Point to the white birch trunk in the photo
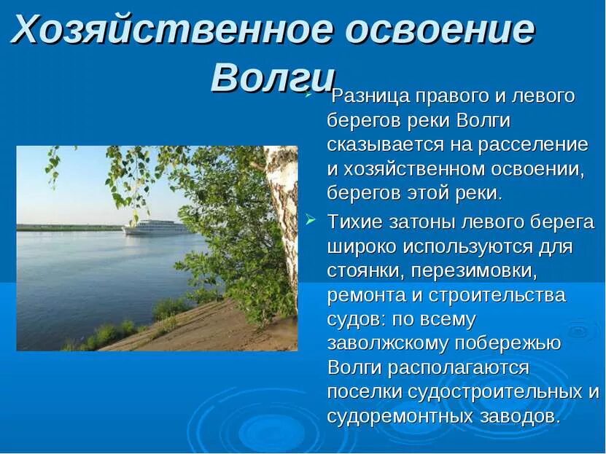point(286,211)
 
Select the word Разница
point(370,96)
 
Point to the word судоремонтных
point(403,416)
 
